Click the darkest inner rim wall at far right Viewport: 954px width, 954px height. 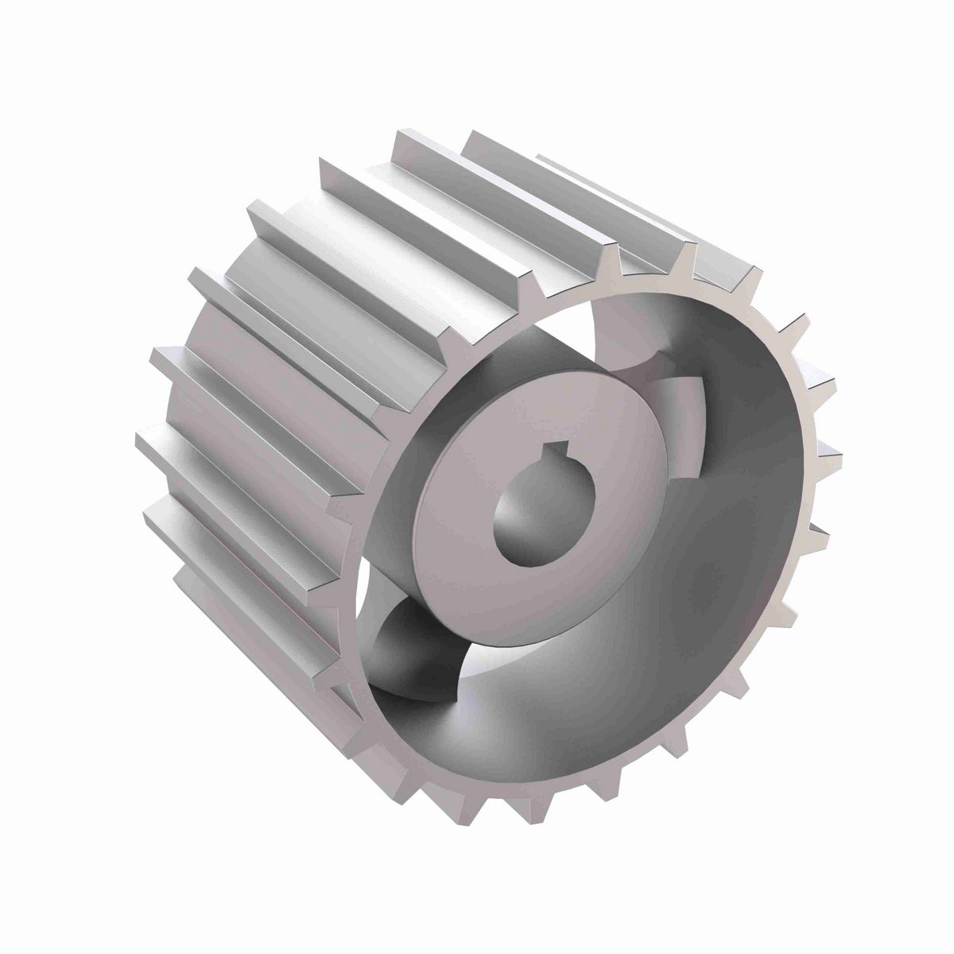click(763, 493)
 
